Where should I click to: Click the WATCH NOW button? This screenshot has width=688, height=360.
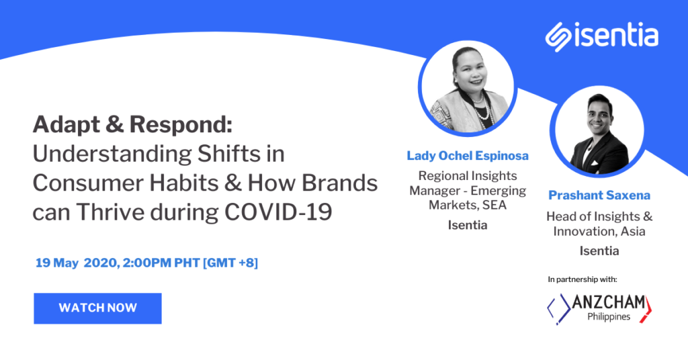[97, 308]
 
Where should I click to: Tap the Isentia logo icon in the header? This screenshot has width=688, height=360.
[558, 37]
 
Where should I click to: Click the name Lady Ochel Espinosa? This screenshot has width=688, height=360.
[468, 156]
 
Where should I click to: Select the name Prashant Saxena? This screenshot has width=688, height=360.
[599, 195]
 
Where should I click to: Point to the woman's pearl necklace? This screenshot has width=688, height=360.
[482, 107]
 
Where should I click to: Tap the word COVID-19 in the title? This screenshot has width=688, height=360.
[278, 212]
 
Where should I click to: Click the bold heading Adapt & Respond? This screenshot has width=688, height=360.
[132, 124]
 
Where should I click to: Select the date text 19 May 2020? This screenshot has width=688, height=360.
[77, 263]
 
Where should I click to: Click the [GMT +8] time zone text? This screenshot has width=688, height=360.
[230, 263]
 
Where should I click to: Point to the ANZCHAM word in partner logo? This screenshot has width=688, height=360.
[609, 302]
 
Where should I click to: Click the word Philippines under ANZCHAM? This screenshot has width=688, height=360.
[609, 316]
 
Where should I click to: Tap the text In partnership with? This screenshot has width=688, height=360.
[583, 279]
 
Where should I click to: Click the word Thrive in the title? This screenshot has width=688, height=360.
[110, 212]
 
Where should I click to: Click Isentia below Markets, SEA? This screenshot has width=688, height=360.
[468, 225]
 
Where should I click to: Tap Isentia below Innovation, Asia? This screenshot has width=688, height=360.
[599, 251]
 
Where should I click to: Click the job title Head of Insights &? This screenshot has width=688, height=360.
[599, 216]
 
